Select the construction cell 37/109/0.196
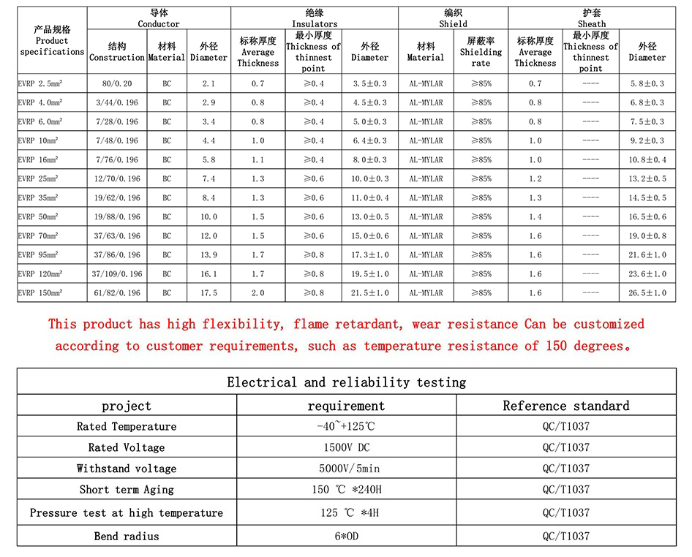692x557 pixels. (x=117, y=274)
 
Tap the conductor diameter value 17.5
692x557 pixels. (x=208, y=293)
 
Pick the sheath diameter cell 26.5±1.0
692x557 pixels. (x=647, y=293)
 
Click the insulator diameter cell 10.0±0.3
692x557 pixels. (x=370, y=179)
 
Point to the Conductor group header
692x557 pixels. (x=159, y=18)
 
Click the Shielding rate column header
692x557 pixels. (x=481, y=52)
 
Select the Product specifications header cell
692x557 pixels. (x=52, y=41)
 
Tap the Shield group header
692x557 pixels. (x=453, y=18)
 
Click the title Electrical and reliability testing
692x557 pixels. (x=346, y=382)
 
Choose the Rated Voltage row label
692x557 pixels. (x=127, y=447)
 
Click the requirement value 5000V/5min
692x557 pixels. (x=346, y=469)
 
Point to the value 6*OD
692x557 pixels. (x=346, y=536)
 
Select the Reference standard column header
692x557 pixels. (x=565, y=406)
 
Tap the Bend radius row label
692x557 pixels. (x=127, y=536)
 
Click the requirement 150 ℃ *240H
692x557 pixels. (x=346, y=490)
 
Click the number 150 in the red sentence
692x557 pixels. (x=557, y=346)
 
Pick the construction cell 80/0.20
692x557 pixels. (x=117, y=84)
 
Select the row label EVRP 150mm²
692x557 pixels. (x=41, y=293)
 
